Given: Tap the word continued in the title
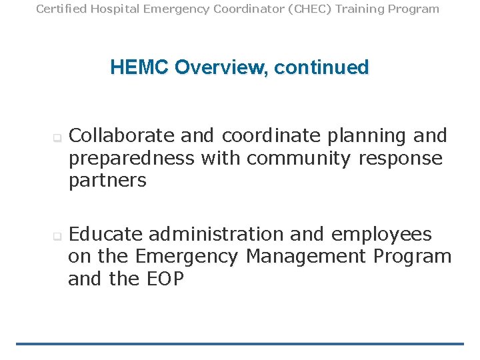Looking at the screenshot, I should click(x=321, y=67).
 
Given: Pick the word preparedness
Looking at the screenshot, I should click(x=131, y=159).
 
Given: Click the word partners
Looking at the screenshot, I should click(x=107, y=181).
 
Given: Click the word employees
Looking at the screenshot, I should click(x=381, y=235).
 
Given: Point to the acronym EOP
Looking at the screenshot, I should click(x=163, y=279).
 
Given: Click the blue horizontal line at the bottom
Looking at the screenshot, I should click(x=240, y=344).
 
